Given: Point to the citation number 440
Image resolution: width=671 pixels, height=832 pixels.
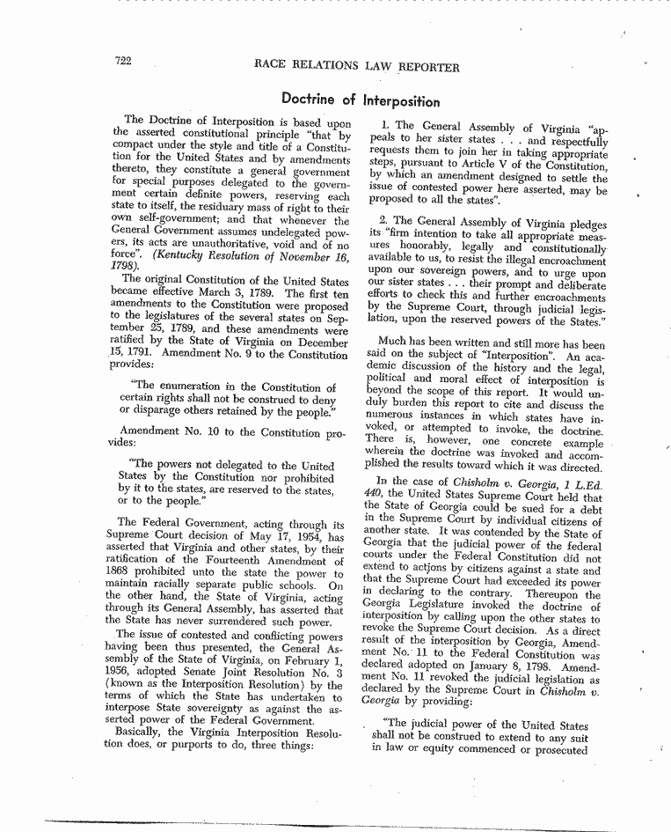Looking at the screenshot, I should point(374,494).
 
